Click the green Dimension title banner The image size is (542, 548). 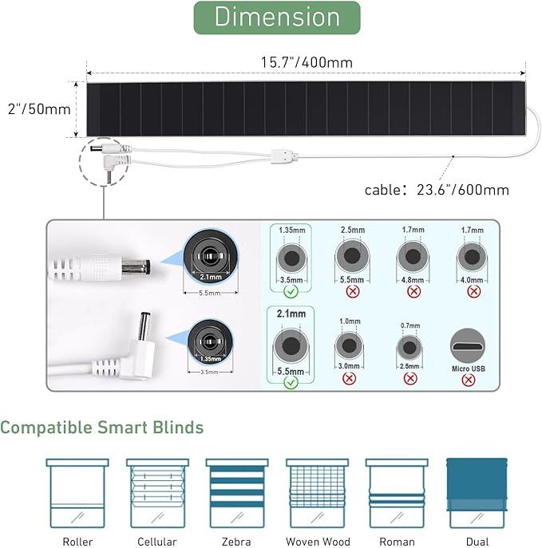(277, 18)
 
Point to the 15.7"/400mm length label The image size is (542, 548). (307, 62)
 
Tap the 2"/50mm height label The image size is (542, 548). (39, 109)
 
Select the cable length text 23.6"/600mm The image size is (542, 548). (463, 190)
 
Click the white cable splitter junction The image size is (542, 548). (284, 156)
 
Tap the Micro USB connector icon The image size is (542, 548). (468, 345)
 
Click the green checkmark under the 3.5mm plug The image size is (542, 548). (291, 291)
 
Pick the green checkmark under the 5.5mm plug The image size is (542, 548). (291, 382)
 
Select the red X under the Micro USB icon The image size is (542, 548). (469, 380)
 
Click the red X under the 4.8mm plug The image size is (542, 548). (413, 291)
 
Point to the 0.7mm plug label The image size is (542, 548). (410, 325)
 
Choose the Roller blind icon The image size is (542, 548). (77, 493)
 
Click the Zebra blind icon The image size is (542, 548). (237, 493)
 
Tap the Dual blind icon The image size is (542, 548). (477, 493)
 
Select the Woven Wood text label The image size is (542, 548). (318, 542)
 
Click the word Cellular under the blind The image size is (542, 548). (157, 542)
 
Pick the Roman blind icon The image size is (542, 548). (397, 493)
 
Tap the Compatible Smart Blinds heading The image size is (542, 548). (101, 428)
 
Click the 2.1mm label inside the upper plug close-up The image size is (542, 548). (211, 277)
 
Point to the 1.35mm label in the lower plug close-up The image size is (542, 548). (210, 359)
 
